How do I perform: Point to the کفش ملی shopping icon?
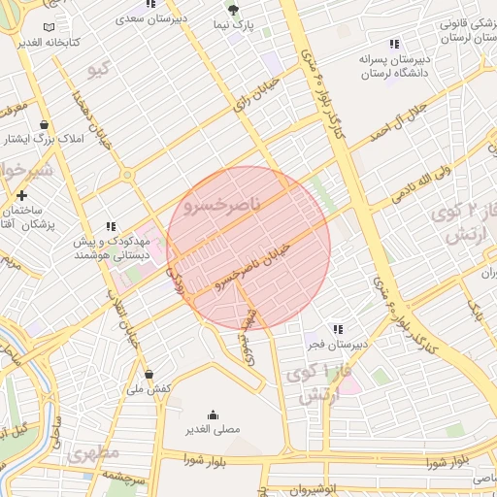pyautogui.click(x=149, y=373)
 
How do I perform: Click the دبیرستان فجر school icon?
pyautogui.click(x=336, y=329)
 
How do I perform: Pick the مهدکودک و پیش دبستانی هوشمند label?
pyautogui.click(x=101, y=247)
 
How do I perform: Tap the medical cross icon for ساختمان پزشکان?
pyautogui.click(x=21, y=196)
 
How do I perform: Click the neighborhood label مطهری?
pyautogui.click(x=93, y=453)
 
